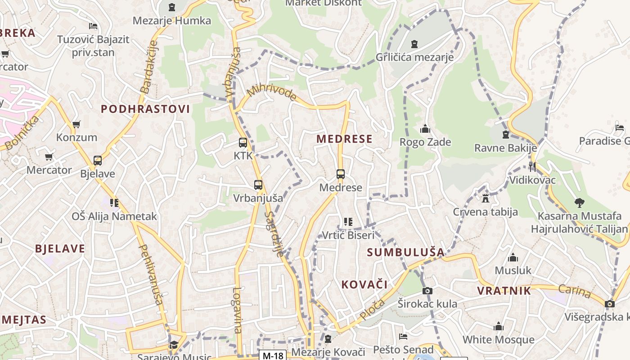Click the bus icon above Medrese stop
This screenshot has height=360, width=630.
click(x=341, y=174)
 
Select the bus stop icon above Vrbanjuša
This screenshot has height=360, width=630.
click(x=258, y=185)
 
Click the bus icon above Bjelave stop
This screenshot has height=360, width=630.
click(x=97, y=161)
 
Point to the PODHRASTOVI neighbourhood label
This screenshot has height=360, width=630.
click(x=145, y=109)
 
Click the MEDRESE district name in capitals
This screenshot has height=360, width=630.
click(x=344, y=139)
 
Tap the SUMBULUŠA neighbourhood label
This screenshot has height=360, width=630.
click(x=405, y=252)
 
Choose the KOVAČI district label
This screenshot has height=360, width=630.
click(x=364, y=284)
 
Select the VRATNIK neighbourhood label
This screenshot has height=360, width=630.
click(x=504, y=291)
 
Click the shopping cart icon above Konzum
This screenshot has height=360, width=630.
click(x=76, y=124)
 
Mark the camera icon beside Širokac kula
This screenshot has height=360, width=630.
click(x=427, y=291)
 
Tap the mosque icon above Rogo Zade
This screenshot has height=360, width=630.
click(x=425, y=130)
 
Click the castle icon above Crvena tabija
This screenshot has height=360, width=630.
click(x=485, y=198)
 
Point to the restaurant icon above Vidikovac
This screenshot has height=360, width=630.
click(x=533, y=167)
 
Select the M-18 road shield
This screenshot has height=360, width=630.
click(x=273, y=355)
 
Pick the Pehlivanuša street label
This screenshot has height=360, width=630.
click(x=150, y=274)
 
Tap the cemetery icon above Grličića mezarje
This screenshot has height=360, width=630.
click(x=414, y=44)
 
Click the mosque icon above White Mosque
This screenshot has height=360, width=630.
click(x=498, y=327)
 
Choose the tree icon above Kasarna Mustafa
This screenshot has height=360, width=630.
click(x=579, y=203)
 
